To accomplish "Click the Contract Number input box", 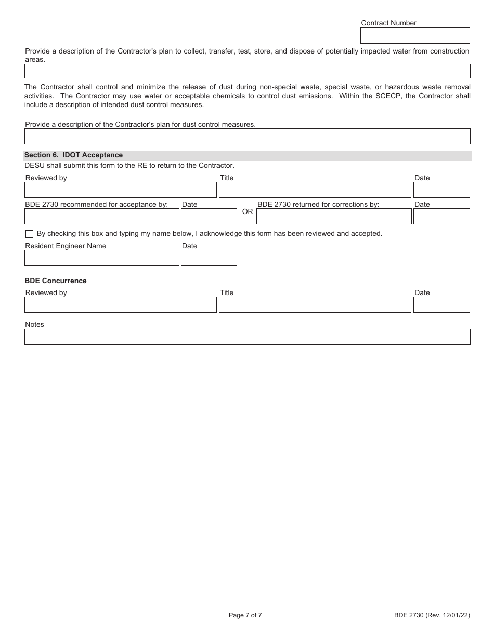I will pyautogui.click(x=415, y=35).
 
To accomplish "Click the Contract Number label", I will pyautogui.click(x=388, y=23).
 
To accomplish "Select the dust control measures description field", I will pyautogui.click(x=247, y=136).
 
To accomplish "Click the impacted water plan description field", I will pyautogui.click(x=247, y=71).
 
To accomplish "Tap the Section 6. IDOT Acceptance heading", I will pyautogui.click(x=73, y=155).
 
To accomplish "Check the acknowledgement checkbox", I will pyautogui.click(x=29, y=234).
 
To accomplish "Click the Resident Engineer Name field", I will pyautogui.click(x=102, y=258).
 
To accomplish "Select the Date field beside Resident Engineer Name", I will pyautogui.click(x=209, y=258).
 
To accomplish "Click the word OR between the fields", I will pyautogui.click(x=248, y=211).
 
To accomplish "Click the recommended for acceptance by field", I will pyautogui.click(x=102, y=216).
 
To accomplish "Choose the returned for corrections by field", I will pyautogui.click(x=334, y=216).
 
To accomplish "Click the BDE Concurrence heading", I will pyautogui.click(x=56, y=281).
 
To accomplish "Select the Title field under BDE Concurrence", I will pyautogui.click(x=315, y=304).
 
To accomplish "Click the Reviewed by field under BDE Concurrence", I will pyautogui.click(x=120, y=304).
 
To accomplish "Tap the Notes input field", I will pyautogui.click(x=247, y=337).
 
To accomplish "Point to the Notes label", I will pyautogui.click(x=34, y=324).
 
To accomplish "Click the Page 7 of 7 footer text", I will pyautogui.click(x=245, y=615).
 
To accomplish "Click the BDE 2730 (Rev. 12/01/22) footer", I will pyautogui.click(x=432, y=615).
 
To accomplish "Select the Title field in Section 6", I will pyautogui.click(x=315, y=190).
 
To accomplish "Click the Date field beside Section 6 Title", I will pyautogui.click(x=441, y=190).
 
